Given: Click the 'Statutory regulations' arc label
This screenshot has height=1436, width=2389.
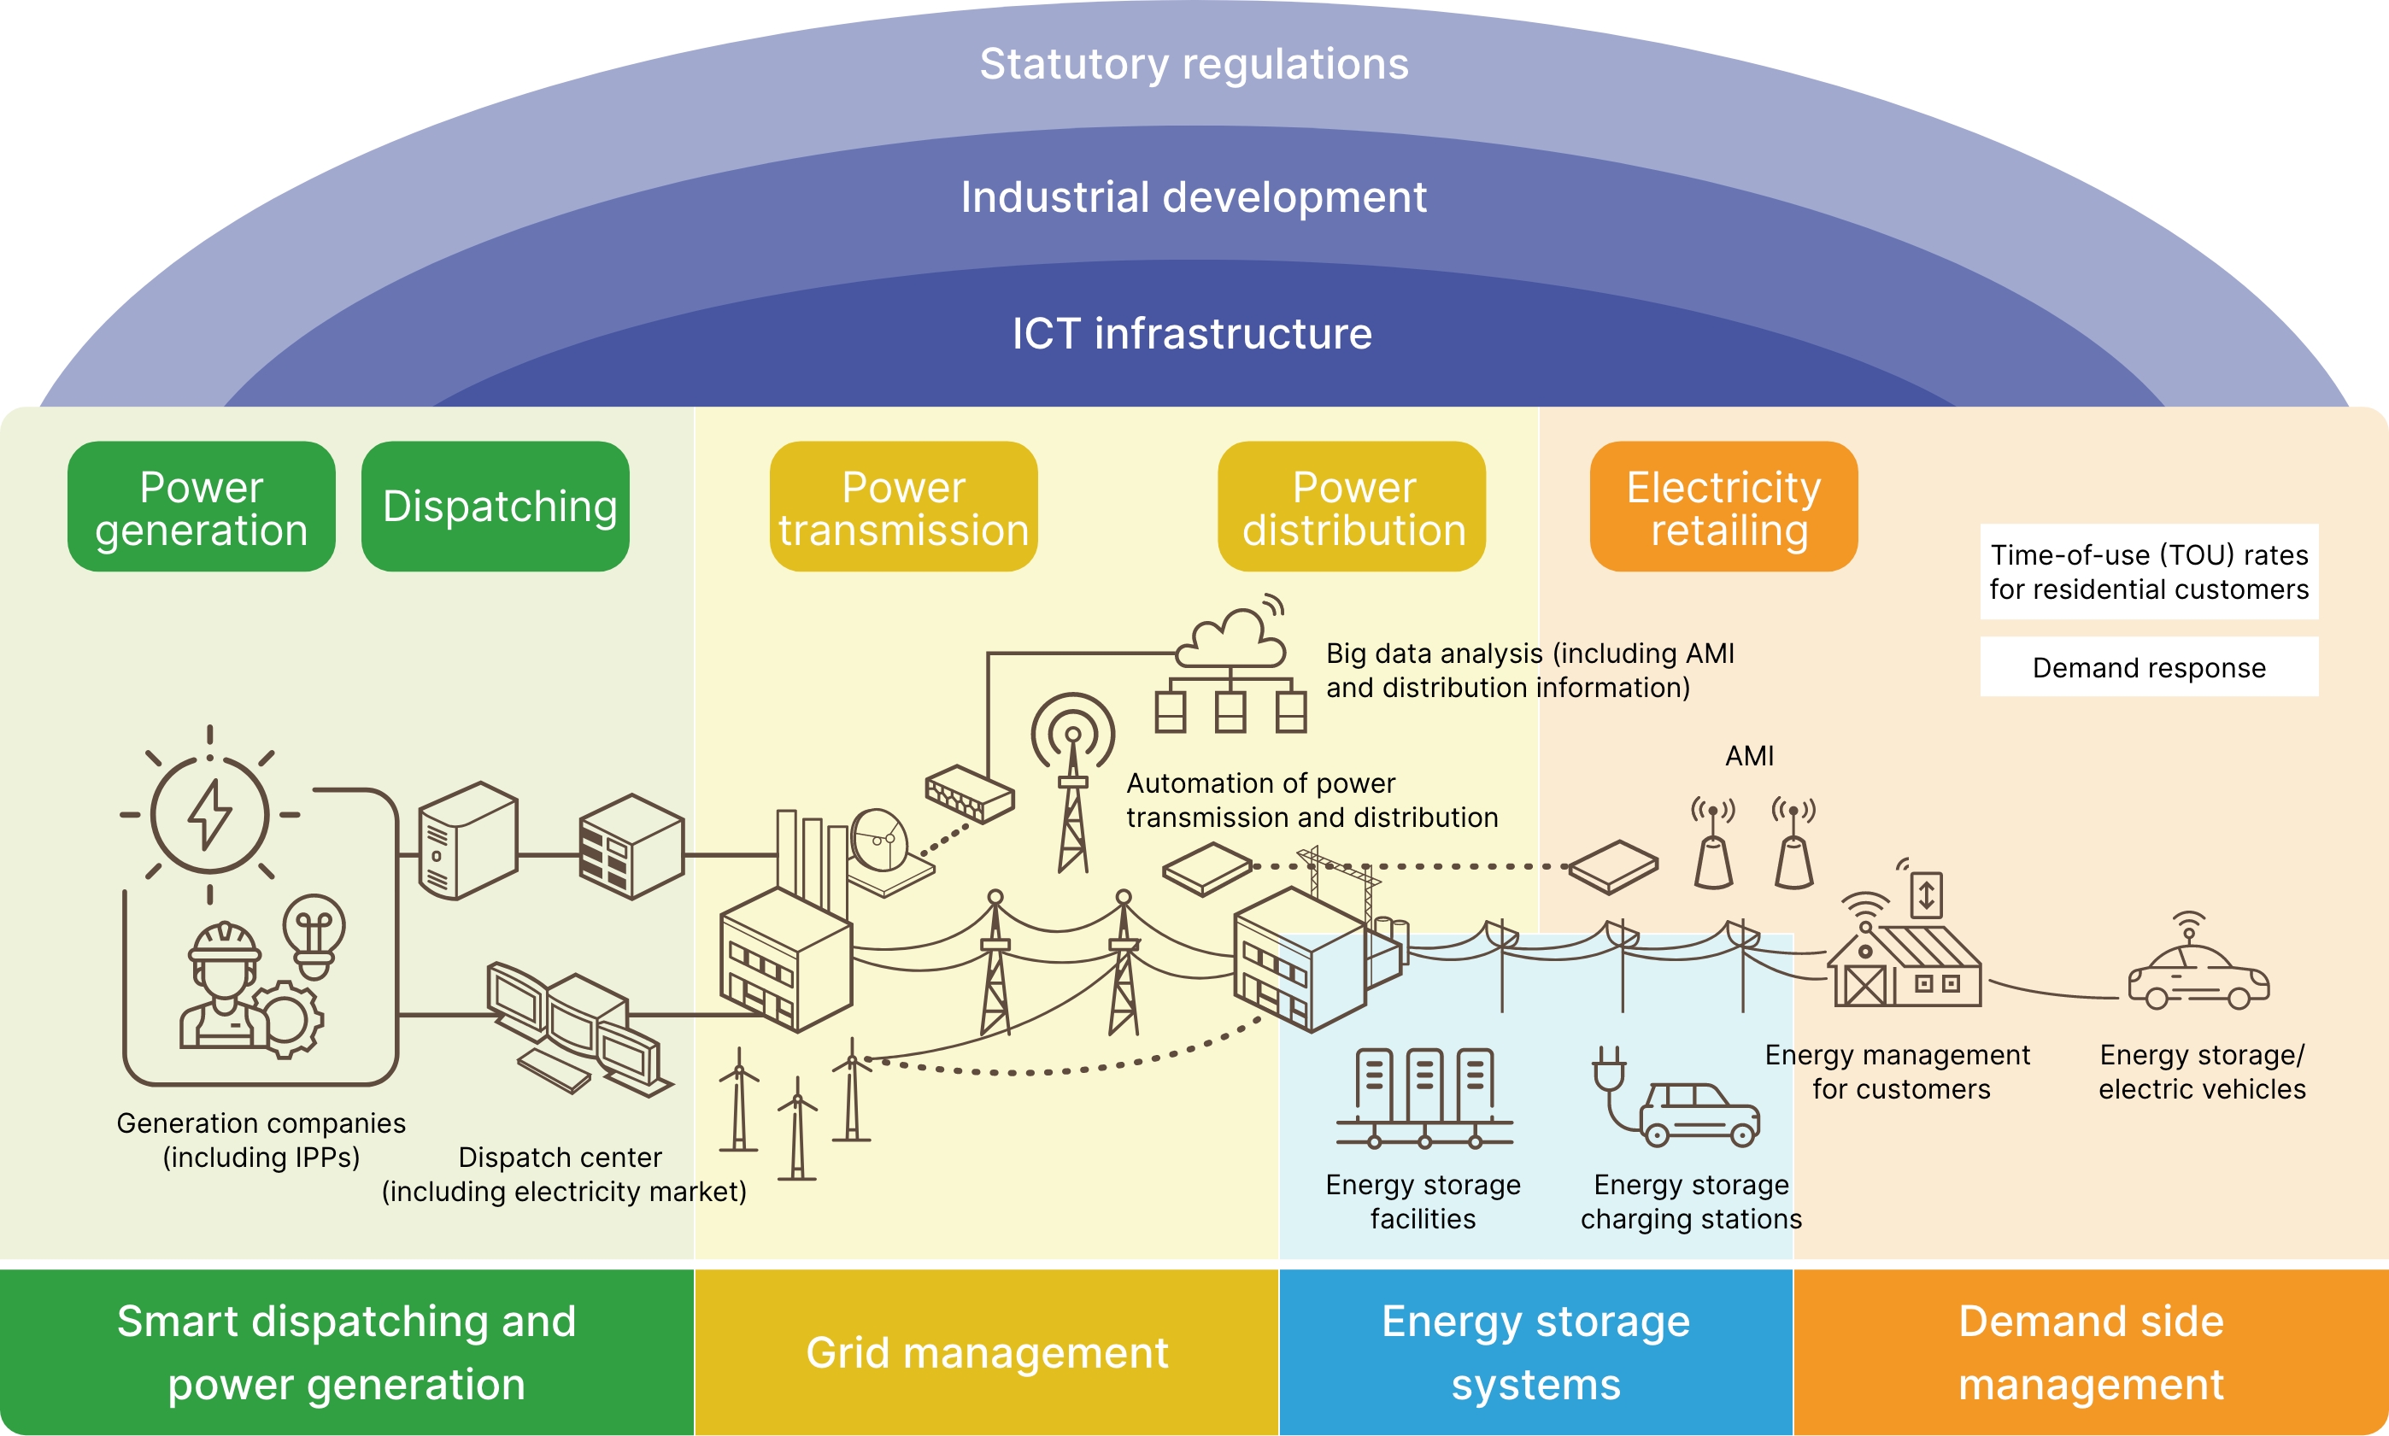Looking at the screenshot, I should (x=1194, y=65).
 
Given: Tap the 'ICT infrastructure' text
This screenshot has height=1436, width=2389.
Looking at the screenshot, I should (x=1192, y=334).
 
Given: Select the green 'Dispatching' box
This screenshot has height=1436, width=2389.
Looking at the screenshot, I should (x=496, y=506).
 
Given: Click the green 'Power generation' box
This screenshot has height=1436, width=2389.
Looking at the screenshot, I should (x=202, y=506).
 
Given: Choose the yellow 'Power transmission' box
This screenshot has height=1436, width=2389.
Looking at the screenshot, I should (x=904, y=506).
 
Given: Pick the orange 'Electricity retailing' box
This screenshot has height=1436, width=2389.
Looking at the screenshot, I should (x=1723, y=506).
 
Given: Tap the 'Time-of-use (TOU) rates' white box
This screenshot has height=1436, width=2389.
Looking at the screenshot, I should (x=2149, y=571).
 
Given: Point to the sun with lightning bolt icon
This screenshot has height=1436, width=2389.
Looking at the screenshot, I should (x=210, y=815).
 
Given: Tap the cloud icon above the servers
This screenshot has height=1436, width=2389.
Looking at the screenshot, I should (x=1230, y=640).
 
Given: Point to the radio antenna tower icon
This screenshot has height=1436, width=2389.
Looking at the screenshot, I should (x=1072, y=784).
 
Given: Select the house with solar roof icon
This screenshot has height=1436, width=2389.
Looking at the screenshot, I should (x=1905, y=963).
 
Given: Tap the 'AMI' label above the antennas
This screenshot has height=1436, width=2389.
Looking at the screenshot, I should (x=1749, y=756).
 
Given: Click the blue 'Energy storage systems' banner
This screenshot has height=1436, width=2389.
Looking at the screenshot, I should (x=1535, y=1351).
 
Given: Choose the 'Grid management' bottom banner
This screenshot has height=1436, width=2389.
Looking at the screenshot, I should (x=987, y=1351).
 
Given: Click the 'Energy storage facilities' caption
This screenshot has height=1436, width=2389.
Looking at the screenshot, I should (x=1423, y=1201).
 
